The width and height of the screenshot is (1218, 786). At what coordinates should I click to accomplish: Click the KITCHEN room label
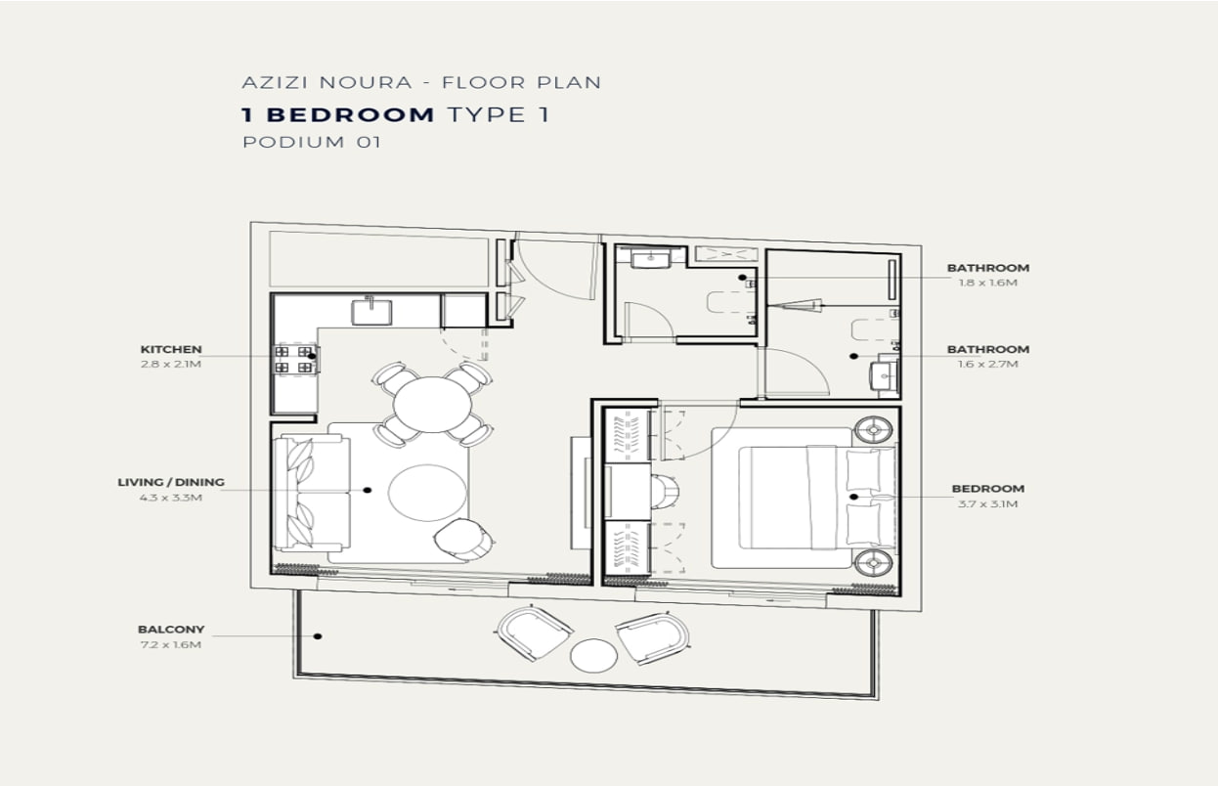[x=171, y=349]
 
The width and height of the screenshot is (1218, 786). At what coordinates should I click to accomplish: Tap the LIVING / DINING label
[x=171, y=482]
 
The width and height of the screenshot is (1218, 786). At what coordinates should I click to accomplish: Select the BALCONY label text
[x=171, y=630]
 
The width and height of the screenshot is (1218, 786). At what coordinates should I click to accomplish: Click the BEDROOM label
[x=987, y=489]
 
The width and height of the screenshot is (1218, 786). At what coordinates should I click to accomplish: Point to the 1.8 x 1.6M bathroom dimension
[x=987, y=283]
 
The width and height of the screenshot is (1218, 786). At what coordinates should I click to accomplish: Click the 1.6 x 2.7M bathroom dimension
[x=987, y=364]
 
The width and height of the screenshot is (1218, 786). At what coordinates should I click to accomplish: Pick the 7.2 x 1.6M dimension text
[x=171, y=644]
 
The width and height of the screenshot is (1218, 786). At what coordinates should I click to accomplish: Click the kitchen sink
[x=371, y=311]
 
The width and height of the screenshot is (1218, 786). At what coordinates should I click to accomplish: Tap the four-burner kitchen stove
[x=294, y=360]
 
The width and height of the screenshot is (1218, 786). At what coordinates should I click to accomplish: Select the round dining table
[x=432, y=405]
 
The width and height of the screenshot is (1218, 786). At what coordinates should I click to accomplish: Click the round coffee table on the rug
[x=427, y=493]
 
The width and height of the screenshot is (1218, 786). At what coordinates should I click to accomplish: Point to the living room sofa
[x=311, y=493]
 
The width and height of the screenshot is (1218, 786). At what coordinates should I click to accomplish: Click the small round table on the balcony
[x=593, y=656]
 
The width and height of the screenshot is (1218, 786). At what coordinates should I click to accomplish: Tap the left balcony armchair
[x=534, y=633]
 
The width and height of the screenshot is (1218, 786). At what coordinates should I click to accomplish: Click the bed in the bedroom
[x=815, y=498]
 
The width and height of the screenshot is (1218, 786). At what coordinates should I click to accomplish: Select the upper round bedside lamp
[x=873, y=430]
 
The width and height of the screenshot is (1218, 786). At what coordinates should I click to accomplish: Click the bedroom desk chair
[x=665, y=491]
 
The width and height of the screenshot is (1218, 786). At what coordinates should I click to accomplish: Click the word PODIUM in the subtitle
[x=293, y=142]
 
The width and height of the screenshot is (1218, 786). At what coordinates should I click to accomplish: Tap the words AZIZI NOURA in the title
[x=326, y=83]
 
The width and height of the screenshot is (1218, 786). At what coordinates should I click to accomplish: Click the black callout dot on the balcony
[x=318, y=636]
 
